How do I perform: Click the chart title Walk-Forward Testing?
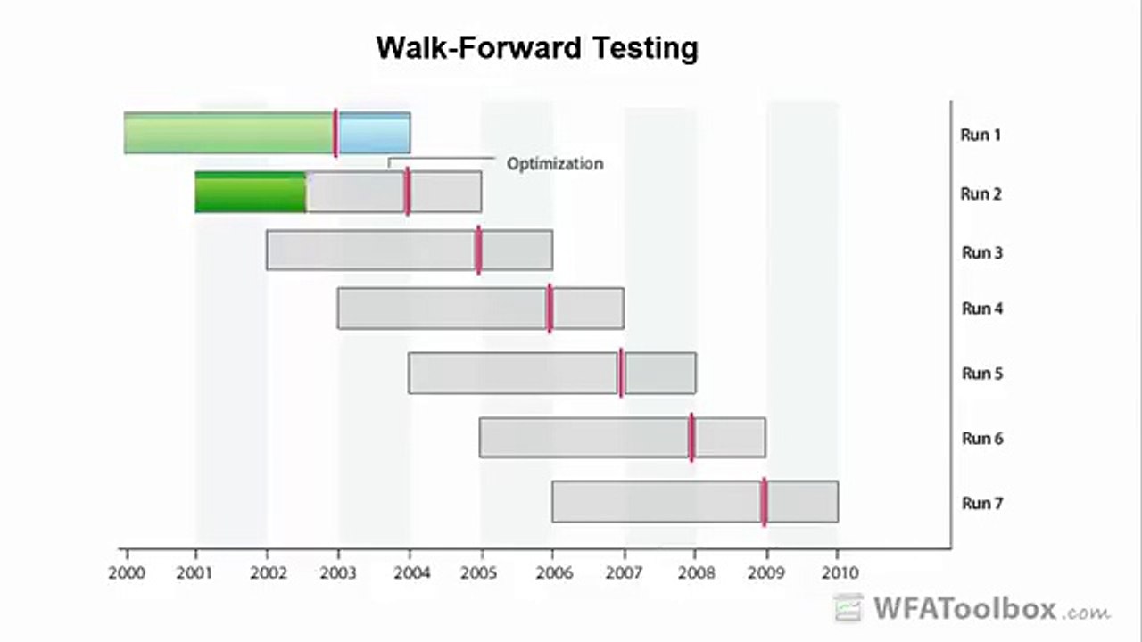pos(537,47)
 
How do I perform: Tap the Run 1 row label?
pos(981,136)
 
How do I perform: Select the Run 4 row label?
pos(981,309)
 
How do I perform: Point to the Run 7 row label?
pos(981,504)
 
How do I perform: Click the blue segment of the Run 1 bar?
pos(374,134)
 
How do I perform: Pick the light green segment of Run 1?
pos(228,134)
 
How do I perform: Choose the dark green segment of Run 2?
pos(250,193)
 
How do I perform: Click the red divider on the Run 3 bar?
pos(478,250)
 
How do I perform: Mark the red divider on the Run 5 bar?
pos(621,373)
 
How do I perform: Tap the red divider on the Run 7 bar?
pos(764,502)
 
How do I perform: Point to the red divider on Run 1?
pos(335,133)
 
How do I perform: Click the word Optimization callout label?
pos(555,164)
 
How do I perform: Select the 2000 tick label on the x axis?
pos(126,572)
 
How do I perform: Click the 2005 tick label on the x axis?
pos(481,572)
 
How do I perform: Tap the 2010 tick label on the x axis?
pos(837,572)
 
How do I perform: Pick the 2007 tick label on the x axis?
pos(624,572)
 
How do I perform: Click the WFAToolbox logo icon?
pos(848,608)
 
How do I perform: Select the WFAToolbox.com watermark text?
pos(990,610)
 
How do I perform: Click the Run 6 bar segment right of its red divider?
pos(729,438)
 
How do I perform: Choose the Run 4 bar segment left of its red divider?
pos(442,309)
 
